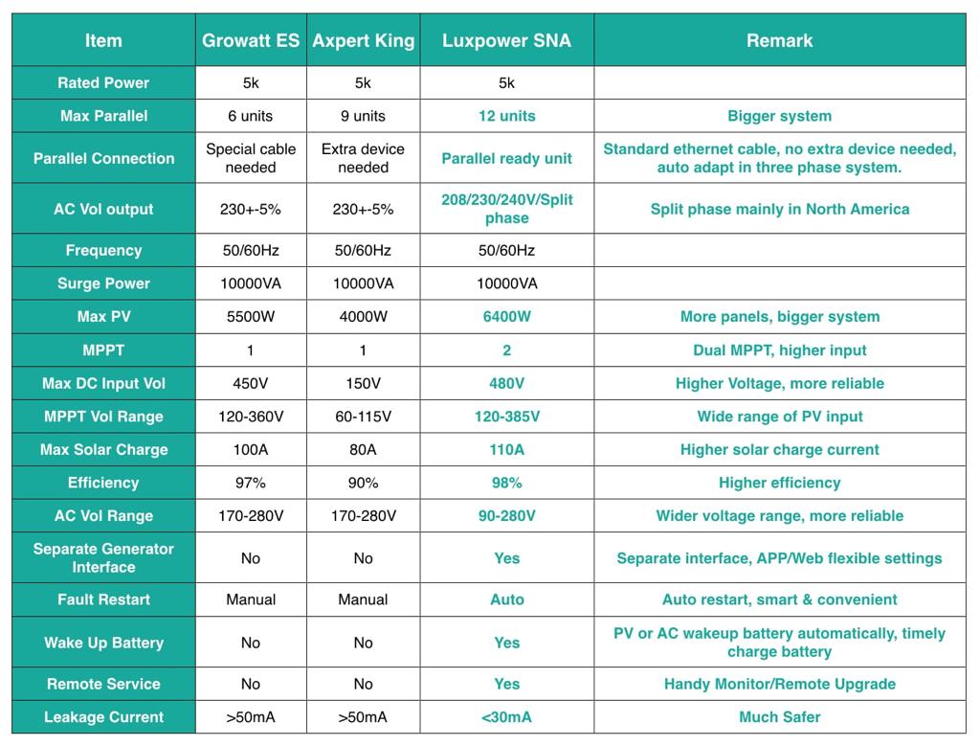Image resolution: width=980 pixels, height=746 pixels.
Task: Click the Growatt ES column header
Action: [251, 40]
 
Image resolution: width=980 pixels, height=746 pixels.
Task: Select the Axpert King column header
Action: [363, 40]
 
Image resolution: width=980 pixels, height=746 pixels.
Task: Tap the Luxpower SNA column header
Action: [506, 40]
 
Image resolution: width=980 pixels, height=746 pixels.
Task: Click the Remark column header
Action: [779, 40]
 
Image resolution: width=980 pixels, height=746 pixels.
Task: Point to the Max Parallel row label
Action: [103, 116]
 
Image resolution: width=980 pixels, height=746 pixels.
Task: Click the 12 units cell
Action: [506, 116]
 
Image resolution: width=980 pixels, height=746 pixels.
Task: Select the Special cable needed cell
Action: [251, 158]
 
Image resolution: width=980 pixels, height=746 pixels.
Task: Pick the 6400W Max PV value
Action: [506, 317]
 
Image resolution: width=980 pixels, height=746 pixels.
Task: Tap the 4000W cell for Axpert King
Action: [363, 317]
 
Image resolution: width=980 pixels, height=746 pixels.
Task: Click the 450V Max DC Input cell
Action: [251, 383]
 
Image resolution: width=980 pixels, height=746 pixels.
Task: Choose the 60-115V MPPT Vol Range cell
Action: [363, 417]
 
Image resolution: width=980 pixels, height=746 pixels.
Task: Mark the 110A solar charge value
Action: [506, 449]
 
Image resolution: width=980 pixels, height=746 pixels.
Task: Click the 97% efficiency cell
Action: [251, 483]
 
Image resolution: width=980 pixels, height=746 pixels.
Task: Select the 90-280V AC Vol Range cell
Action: [506, 516]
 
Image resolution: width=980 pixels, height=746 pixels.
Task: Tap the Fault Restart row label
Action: [103, 599]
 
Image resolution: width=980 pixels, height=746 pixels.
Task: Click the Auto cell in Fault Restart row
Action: [506, 599]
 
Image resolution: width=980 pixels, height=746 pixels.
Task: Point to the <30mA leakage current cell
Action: [506, 717]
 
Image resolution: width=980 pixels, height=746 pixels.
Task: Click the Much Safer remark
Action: [779, 717]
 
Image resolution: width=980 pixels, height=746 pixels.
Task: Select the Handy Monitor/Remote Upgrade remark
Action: [779, 684]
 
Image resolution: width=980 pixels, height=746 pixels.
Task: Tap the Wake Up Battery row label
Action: [103, 643]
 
